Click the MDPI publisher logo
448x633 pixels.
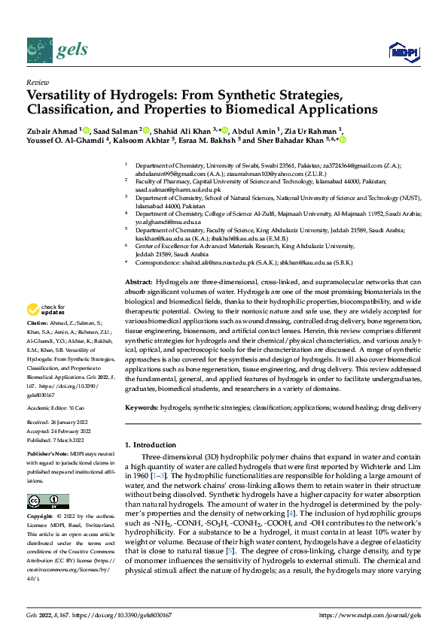point(403,51)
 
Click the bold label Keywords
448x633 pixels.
point(141,407)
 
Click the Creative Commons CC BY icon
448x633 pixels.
point(47,501)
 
